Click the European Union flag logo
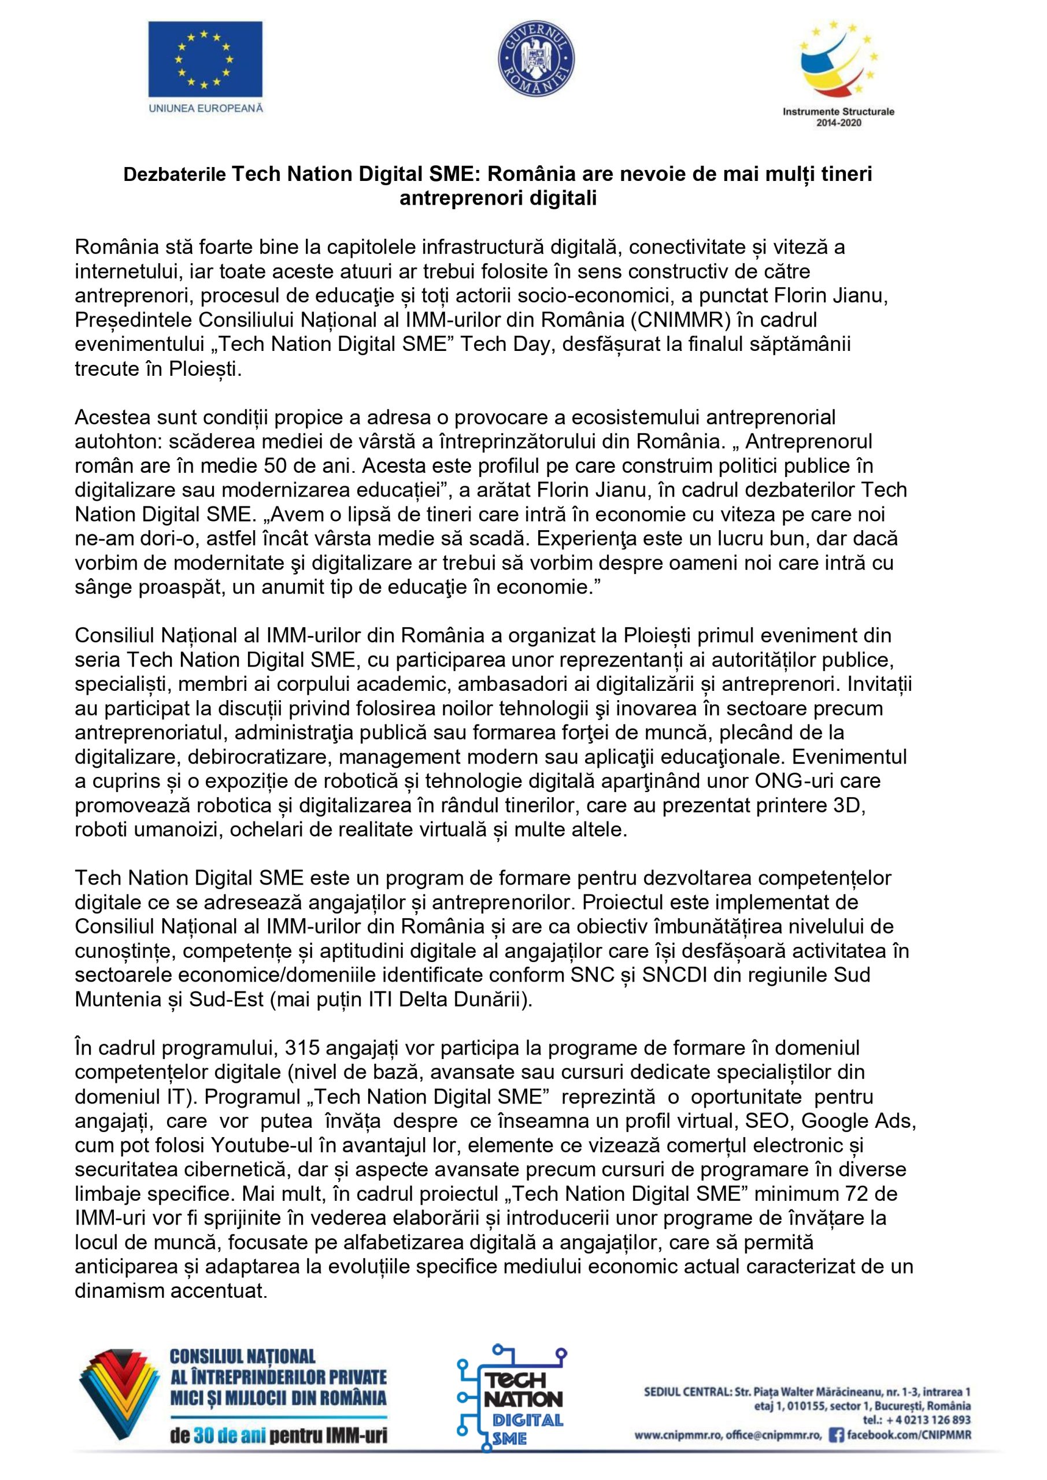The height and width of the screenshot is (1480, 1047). (x=205, y=60)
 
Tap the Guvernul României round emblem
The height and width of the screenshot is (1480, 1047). (x=537, y=60)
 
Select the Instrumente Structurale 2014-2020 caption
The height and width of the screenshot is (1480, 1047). (x=838, y=117)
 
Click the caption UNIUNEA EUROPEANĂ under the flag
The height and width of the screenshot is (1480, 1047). (x=206, y=108)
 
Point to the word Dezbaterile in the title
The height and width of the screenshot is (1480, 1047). (x=175, y=175)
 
